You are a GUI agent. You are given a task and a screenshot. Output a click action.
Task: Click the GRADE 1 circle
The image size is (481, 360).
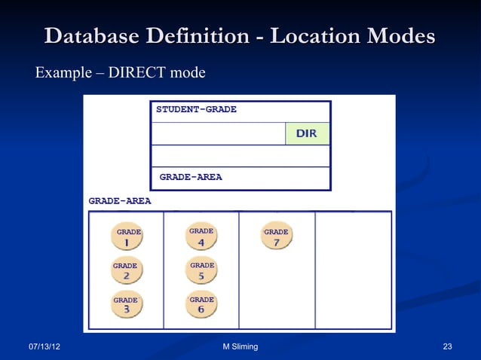point(127,238)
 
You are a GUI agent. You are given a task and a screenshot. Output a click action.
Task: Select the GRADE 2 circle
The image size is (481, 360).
point(125,271)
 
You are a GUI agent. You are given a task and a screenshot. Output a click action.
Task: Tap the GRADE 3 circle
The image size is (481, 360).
point(125,305)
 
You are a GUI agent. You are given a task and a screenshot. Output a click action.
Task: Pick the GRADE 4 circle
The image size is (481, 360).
point(201,237)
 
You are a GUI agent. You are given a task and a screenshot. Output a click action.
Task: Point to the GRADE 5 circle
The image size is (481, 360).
point(201,271)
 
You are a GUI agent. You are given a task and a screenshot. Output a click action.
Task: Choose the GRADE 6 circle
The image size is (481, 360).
point(201,305)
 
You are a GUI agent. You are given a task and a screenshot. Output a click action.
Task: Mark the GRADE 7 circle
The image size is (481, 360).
point(276,237)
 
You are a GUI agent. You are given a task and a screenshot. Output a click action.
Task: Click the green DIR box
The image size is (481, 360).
point(307,133)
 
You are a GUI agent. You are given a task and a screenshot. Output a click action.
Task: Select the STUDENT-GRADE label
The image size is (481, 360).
point(196,110)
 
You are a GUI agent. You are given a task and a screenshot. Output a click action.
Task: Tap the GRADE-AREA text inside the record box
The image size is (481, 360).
point(191,178)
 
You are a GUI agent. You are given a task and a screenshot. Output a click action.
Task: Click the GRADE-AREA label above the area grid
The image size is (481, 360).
point(120,201)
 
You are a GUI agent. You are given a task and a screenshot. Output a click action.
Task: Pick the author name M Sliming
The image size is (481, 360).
point(240,346)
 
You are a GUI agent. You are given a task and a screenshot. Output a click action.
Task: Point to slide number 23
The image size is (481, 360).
point(447,346)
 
